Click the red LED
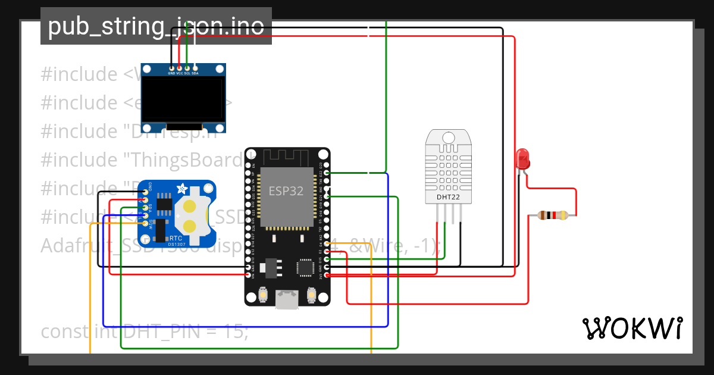522,159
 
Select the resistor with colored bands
553,215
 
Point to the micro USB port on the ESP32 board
287,299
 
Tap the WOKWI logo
632,328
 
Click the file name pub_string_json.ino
156,26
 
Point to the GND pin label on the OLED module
171,73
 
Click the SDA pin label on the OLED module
195,73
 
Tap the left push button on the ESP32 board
263,295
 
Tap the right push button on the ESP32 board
311,295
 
